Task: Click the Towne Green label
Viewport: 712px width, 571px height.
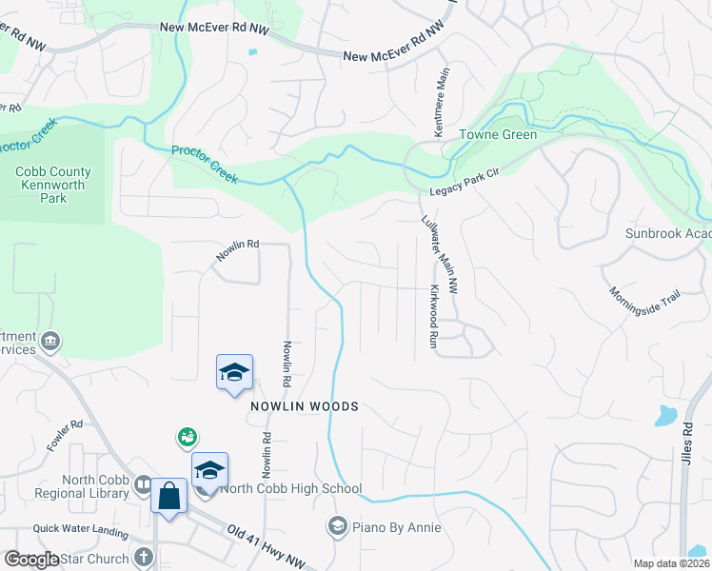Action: click(498, 135)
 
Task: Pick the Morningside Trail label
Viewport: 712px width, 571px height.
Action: click(644, 296)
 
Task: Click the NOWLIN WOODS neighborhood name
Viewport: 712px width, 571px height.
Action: click(305, 406)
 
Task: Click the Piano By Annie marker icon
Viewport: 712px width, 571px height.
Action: click(336, 525)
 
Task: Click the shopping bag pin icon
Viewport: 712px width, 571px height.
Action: click(168, 497)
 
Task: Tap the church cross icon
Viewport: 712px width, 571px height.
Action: click(144, 558)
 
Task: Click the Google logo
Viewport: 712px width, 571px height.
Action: click(32, 560)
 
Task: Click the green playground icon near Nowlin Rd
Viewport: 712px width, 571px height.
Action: click(187, 437)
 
